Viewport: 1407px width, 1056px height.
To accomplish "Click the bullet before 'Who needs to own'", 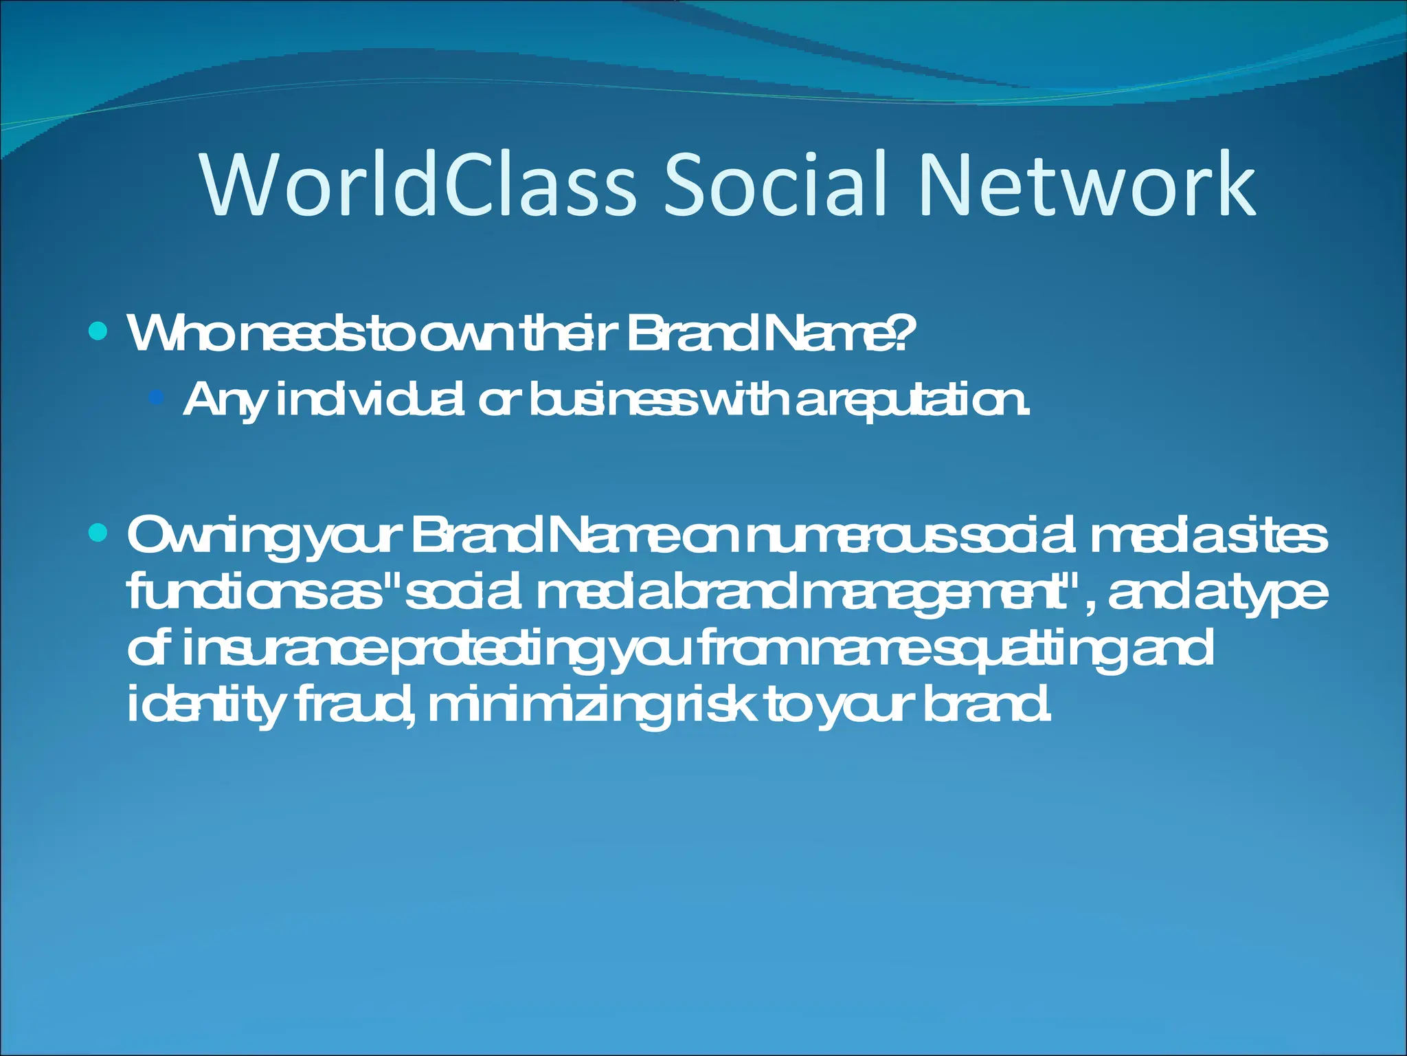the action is pos(99,333).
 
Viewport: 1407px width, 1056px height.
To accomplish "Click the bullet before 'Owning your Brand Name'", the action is pos(99,533).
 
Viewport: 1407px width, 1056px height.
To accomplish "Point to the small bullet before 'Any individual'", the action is pos(157,397).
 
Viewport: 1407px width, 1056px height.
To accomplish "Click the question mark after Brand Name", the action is pos(905,333).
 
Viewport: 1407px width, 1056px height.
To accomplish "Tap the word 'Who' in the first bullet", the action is pos(172,333).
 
